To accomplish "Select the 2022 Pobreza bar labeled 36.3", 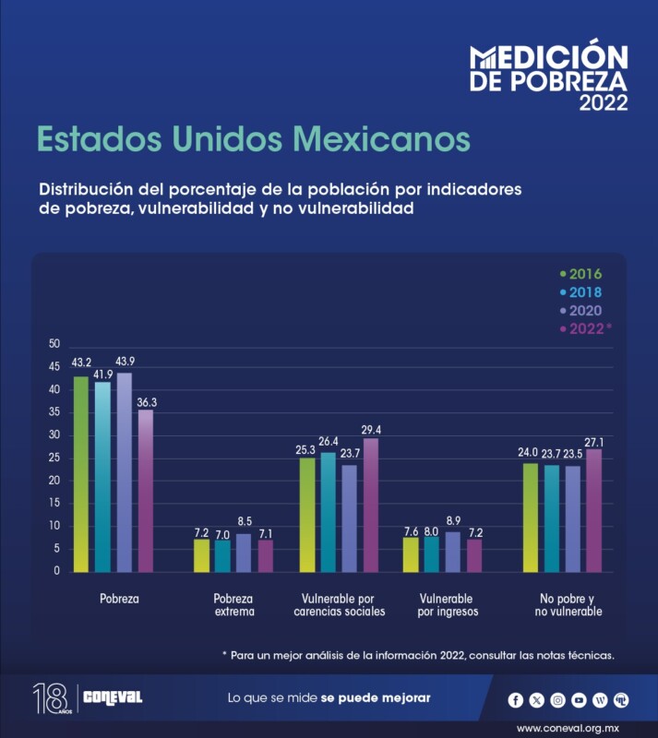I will (x=145, y=490).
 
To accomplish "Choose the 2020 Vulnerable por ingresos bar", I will (x=452, y=551).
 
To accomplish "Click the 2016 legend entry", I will (x=580, y=274).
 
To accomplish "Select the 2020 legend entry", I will (x=580, y=311).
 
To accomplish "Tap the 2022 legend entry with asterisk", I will (x=584, y=329).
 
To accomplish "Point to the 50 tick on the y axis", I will (x=54, y=344).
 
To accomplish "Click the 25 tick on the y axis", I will (x=54, y=458).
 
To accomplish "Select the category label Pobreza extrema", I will (x=233, y=605).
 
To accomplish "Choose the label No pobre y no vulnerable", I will (x=568, y=605).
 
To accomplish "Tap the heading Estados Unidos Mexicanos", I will (x=253, y=139).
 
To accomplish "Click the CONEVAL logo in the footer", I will (x=113, y=697).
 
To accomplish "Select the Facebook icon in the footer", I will (x=516, y=700).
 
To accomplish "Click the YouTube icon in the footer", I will (x=579, y=700).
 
